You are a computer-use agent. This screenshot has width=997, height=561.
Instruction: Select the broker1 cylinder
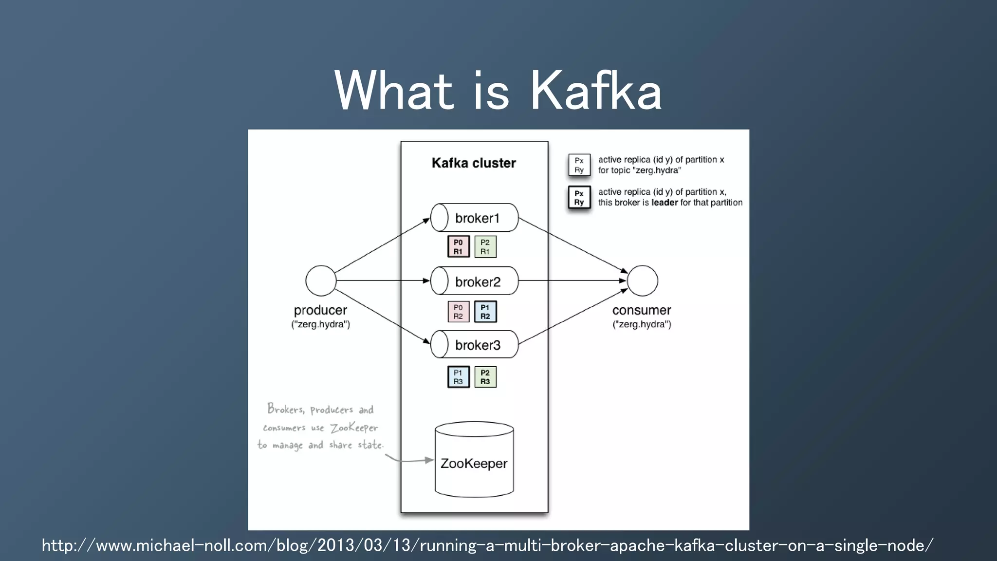475,218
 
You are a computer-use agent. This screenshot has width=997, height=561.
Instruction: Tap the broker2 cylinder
475,281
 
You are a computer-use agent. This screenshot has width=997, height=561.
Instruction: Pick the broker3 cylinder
475,345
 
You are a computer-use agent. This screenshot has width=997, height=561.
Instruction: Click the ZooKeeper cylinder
474,460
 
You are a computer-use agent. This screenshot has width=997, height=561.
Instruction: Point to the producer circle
321,280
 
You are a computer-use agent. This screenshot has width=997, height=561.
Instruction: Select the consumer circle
642,280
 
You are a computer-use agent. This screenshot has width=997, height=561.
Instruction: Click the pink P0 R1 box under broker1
458,247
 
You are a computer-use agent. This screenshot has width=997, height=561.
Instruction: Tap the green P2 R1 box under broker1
485,247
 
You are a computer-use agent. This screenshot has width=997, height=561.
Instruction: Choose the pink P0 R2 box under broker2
458,312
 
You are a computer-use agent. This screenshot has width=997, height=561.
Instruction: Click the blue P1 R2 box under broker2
485,312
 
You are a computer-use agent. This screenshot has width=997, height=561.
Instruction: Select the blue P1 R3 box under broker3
458,377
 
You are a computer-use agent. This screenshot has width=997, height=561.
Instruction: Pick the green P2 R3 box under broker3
485,377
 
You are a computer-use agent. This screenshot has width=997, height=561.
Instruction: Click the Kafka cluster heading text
474,163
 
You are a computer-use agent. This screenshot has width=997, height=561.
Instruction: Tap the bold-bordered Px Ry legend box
579,198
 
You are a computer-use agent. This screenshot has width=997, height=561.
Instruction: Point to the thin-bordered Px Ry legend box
579,165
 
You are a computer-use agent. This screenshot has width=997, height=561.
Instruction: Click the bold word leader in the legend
665,203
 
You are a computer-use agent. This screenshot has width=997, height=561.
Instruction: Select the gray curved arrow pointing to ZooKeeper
409,460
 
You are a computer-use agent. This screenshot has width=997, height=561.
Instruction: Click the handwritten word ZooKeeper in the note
354,428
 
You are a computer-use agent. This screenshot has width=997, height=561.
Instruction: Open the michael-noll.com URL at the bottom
487,545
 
